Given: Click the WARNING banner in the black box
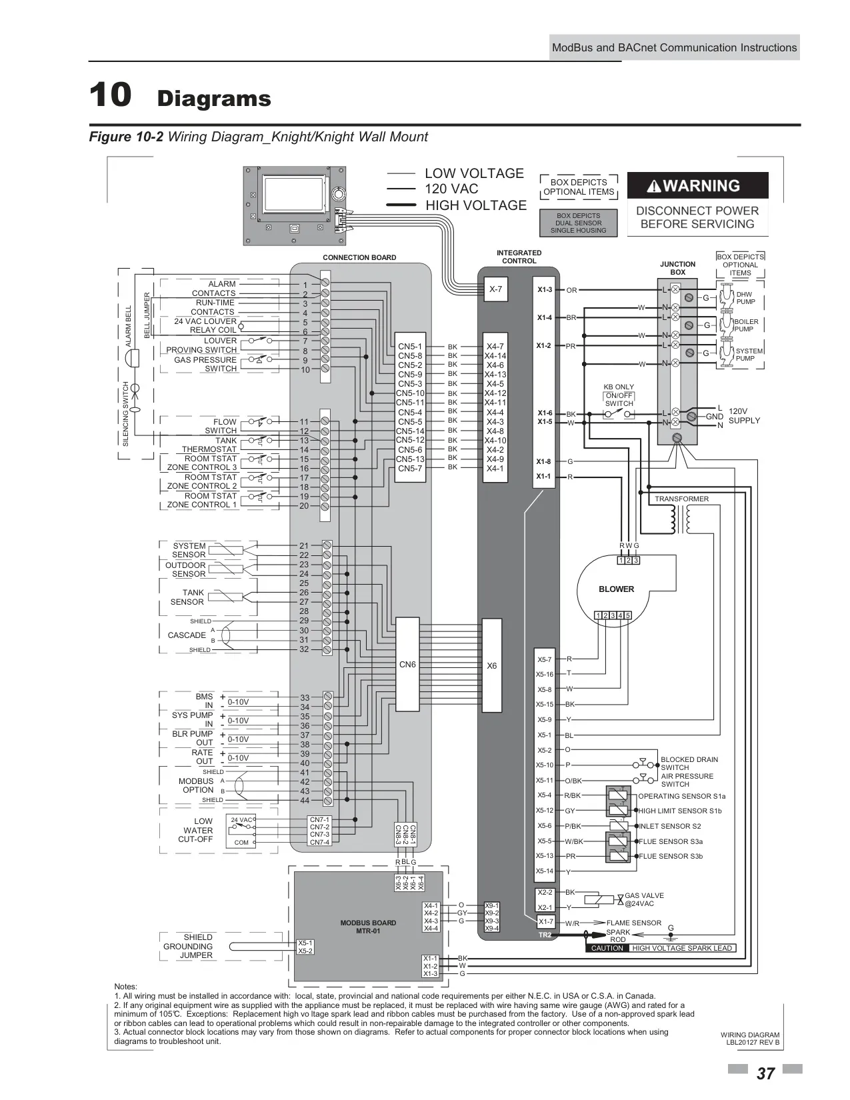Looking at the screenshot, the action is coord(697,185).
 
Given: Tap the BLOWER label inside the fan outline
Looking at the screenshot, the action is coord(616,589).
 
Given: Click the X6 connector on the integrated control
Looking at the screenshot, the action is coord(491,665).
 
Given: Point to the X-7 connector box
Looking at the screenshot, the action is coord(495,289).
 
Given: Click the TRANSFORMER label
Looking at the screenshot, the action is coord(681,499).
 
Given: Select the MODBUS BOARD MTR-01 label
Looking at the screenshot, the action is coord(368,927).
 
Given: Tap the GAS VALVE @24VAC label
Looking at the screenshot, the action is coord(644,899).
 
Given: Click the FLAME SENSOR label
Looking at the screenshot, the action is coord(634,922).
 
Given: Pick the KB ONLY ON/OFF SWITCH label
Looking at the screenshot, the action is coord(619,395).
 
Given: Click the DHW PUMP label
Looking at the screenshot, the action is coord(745,297).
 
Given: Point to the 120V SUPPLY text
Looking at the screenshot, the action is coord(744,415).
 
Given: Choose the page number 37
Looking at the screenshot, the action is coord(765,1073).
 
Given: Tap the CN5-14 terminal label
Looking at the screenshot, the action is coord(410,431).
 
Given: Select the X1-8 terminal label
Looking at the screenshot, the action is coord(544,461).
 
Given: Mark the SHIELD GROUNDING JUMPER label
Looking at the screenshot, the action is coord(188,946).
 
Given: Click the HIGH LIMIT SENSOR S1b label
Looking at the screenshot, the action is coord(680,811).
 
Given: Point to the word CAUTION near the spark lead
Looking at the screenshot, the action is coord(607,947).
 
